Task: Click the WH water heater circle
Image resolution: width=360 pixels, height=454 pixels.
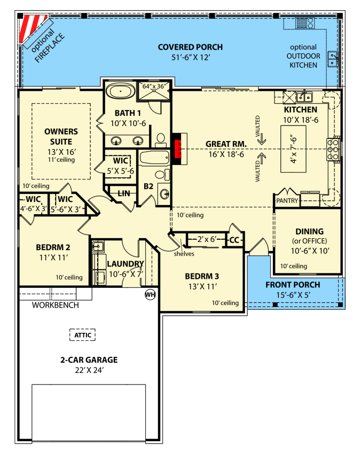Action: coord(150,295)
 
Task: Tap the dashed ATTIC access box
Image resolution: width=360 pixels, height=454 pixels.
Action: coord(83,335)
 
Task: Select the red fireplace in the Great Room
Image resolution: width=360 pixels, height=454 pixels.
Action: coord(177,149)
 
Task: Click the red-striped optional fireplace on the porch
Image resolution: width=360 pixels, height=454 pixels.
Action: coord(32,28)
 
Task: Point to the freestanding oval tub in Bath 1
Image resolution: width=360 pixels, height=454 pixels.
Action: coord(120,91)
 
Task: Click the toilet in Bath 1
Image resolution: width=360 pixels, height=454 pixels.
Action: coord(161,140)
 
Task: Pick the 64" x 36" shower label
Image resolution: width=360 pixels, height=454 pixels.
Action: coord(154,87)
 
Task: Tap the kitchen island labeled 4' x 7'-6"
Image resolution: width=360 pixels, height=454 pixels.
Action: coord(293,149)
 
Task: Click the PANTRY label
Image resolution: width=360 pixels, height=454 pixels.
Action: coord(287,201)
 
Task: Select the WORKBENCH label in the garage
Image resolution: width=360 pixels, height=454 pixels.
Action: coord(56,305)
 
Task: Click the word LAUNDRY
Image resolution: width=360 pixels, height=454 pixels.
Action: coord(126,264)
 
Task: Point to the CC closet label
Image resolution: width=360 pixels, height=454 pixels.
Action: coord(234,240)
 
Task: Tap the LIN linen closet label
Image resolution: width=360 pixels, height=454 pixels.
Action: coord(124,193)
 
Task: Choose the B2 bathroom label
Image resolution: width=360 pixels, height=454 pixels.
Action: coord(148,186)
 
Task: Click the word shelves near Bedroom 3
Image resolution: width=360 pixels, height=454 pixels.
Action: coord(184,254)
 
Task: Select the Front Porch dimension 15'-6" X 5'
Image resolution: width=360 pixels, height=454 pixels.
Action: coord(293,295)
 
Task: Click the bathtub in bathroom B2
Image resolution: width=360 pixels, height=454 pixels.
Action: coord(154,158)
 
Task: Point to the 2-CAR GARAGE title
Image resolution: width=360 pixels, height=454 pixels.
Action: coord(89,359)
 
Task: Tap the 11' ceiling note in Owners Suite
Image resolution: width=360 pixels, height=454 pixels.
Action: coord(61,160)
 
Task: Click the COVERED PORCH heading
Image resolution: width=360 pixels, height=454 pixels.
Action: coord(190,47)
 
